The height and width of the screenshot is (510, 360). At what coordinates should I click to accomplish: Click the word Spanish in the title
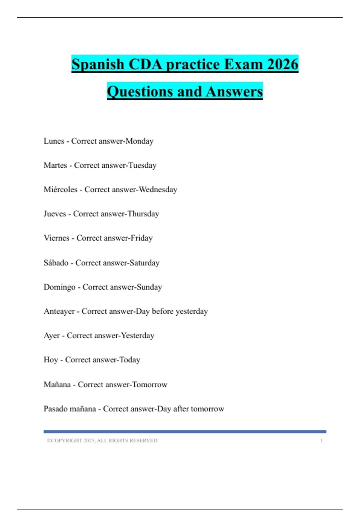pos(98,64)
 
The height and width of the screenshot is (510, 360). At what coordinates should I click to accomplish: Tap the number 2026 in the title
pos(283,64)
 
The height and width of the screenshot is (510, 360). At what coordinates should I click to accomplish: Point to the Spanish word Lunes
pos(54,141)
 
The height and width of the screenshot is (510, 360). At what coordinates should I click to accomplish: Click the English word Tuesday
pos(142,165)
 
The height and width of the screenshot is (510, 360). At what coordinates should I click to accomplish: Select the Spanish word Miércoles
pos(61,190)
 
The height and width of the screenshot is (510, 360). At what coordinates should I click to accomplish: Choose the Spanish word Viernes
pos(56,238)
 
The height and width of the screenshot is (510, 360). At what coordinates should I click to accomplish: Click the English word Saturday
pos(144,263)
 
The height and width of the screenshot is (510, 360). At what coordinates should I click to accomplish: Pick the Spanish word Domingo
pos(59,287)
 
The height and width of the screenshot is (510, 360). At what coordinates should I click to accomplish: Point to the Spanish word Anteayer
pos(59,311)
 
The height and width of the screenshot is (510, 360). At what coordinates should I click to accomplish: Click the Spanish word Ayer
pos(52,336)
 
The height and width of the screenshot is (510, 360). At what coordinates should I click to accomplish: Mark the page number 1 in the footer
pos(321,441)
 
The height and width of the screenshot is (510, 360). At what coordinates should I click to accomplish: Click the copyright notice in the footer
pos(102,441)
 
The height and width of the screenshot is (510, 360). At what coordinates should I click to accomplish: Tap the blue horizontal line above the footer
pos(185,432)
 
